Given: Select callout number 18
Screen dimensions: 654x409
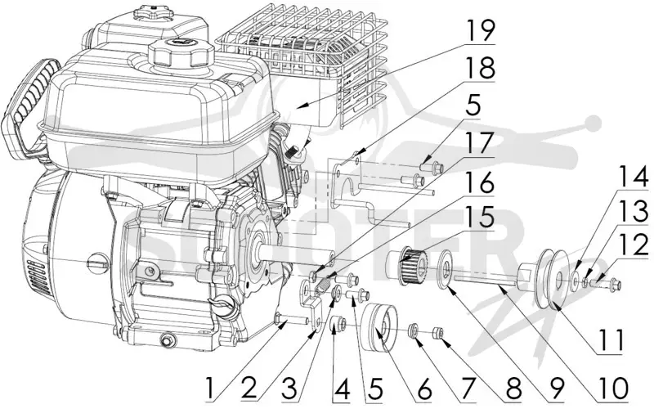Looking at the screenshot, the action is tap(480, 68).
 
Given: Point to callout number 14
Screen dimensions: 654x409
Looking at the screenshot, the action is tap(633, 176).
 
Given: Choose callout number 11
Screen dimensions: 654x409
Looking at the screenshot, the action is tap(610, 339).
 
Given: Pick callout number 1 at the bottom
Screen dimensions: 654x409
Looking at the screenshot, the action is tap(213, 388).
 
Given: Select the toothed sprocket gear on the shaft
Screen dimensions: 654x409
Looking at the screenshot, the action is tap(410, 265).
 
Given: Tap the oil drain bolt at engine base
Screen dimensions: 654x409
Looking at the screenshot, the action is tap(168, 339).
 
